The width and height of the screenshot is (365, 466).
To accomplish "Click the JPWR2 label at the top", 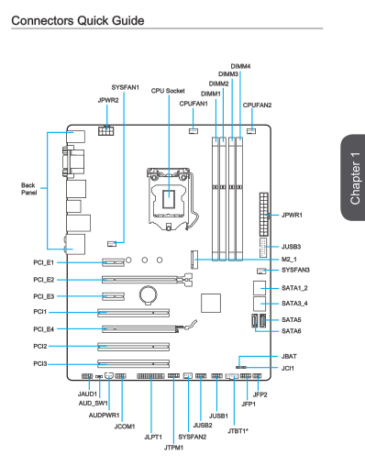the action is pos(108,100).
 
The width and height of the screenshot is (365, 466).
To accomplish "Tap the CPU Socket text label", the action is pos(168,91).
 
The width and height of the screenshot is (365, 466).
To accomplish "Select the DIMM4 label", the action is pos(240,66).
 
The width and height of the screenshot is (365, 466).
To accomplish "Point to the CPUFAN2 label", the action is pos(257,105).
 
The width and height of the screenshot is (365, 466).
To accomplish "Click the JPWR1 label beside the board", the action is pos(292,215).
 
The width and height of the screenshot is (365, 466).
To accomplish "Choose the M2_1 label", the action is pos(289,260).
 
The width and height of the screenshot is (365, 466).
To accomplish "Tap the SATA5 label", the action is pos(291,320).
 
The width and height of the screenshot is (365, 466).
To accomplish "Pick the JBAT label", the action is pos(289,357).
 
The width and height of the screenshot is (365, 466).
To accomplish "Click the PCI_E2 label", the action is pos(44,280).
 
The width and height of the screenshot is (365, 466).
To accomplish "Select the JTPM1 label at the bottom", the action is pos(173,448).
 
